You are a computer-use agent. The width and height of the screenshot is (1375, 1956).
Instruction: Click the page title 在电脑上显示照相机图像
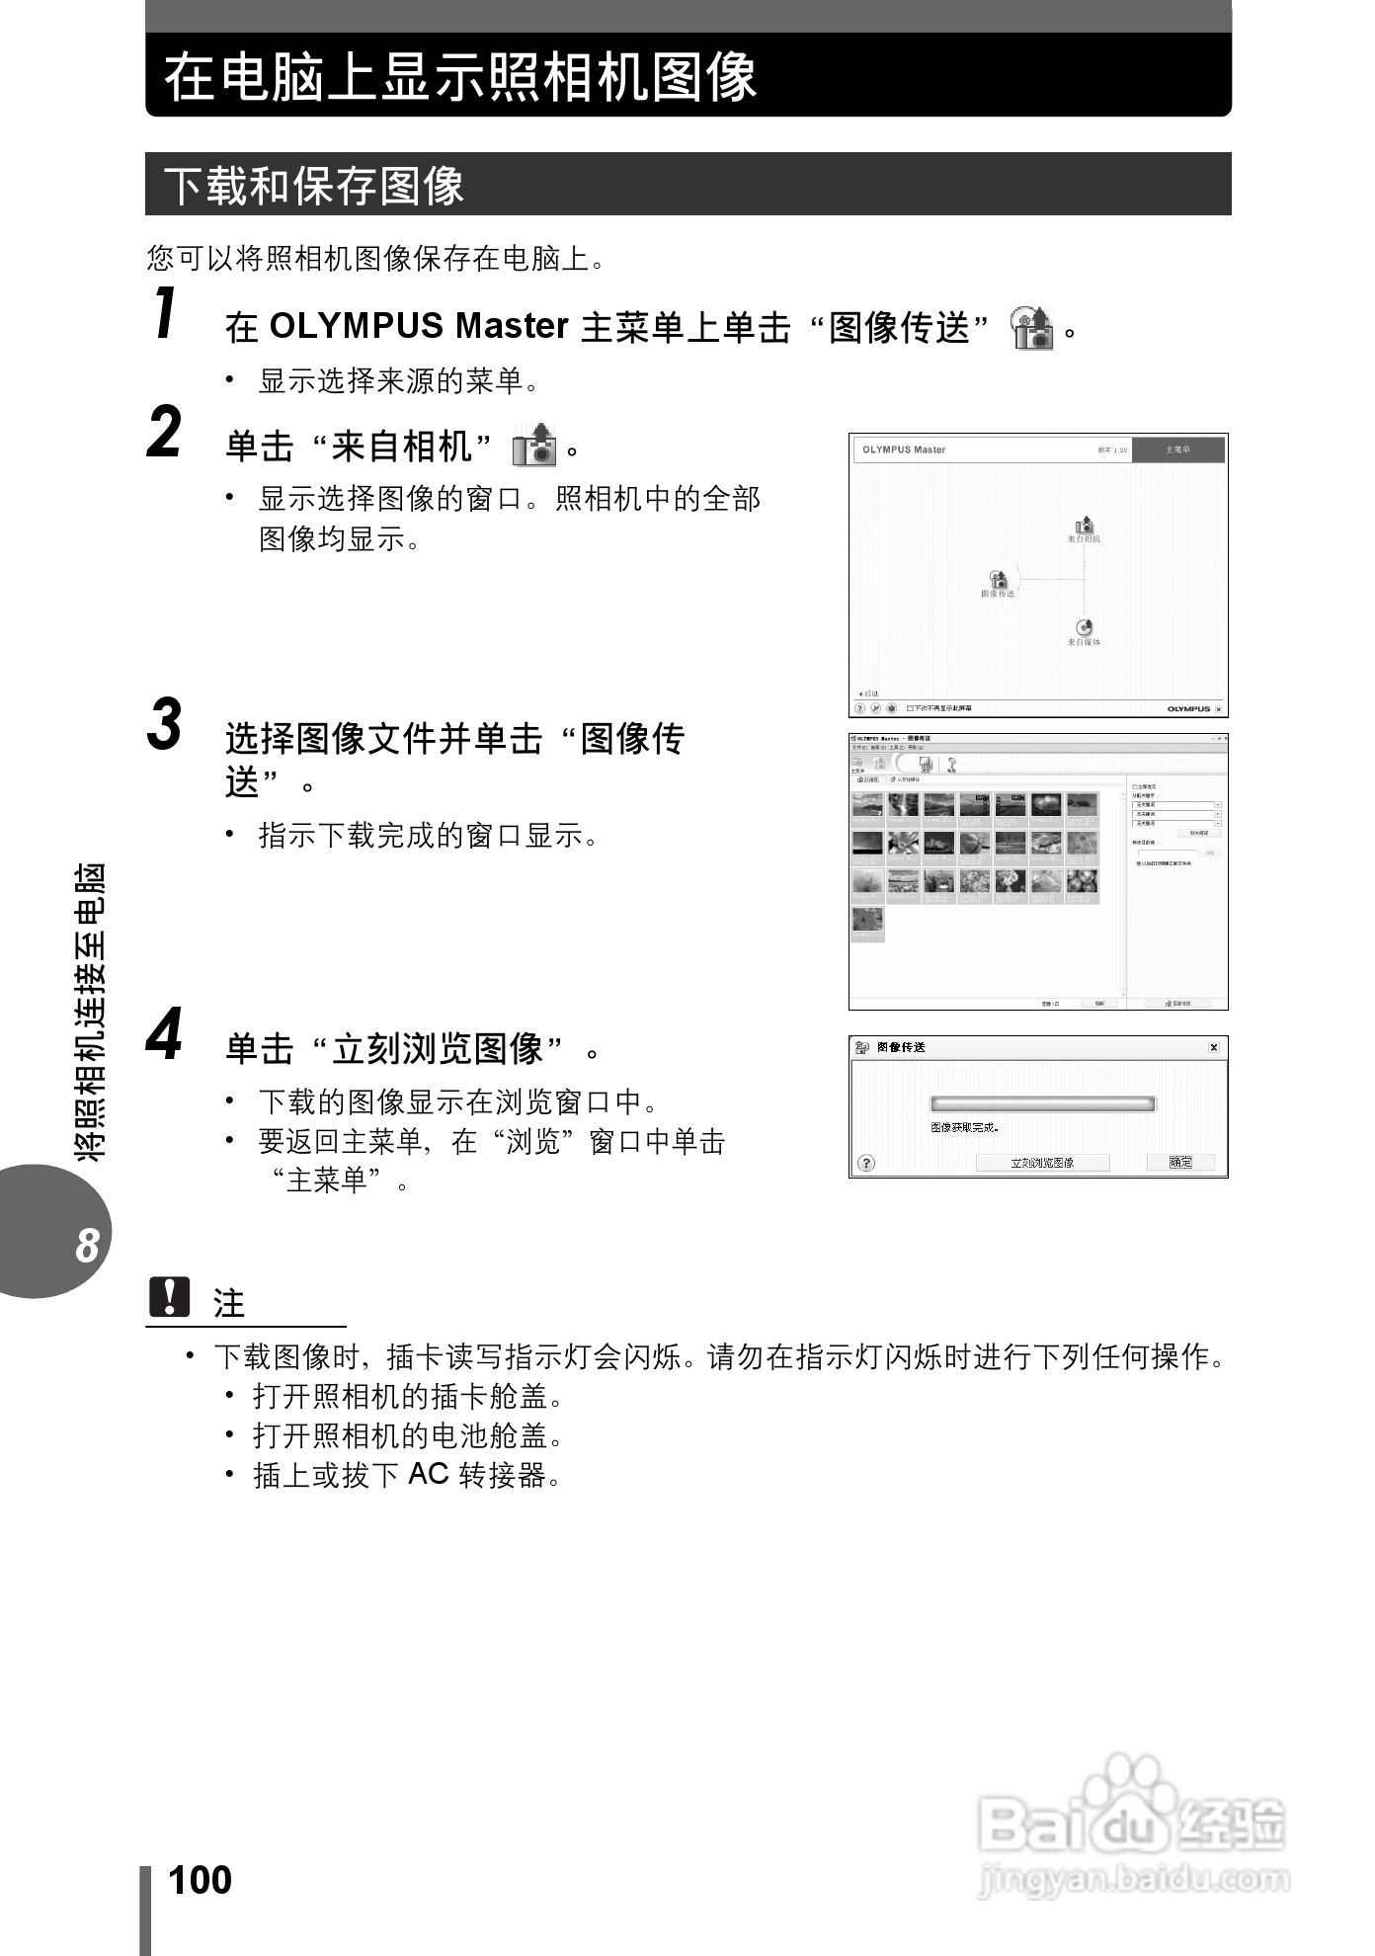click(460, 77)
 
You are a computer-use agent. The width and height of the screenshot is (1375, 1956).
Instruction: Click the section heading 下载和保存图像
click(314, 186)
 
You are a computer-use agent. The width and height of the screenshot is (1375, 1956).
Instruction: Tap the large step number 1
click(166, 313)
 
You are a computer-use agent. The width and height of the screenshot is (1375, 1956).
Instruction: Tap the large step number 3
click(165, 725)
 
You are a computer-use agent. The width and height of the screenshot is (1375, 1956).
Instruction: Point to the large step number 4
click(165, 1034)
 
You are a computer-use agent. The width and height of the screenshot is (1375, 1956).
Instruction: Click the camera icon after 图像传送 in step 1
click(1031, 328)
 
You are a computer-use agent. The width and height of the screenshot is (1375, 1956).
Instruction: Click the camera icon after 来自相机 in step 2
click(534, 446)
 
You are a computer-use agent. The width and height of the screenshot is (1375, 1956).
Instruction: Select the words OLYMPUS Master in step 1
click(418, 326)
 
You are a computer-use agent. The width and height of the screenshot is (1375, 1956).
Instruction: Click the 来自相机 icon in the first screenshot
click(1084, 526)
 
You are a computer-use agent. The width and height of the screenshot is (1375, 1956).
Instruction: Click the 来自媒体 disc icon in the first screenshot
click(1084, 627)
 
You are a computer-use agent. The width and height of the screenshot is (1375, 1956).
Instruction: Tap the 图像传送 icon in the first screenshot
click(998, 580)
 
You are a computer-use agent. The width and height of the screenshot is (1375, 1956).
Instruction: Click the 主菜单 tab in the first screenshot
click(1177, 449)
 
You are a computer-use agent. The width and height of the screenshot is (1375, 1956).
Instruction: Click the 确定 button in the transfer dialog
click(1180, 1163)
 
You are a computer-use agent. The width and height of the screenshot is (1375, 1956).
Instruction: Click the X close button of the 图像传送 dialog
click(1213, 1047)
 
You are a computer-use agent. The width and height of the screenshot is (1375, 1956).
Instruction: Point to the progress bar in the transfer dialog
click(1042, 1104)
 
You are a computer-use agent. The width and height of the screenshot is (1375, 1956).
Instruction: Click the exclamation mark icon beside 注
click(169, 1297)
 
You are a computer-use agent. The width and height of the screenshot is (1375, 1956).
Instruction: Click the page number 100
click(201, 1880)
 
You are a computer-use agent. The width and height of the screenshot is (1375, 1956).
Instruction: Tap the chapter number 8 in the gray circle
click(87, 1245)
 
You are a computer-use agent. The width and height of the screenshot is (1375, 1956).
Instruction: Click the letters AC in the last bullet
click(429, 1474)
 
